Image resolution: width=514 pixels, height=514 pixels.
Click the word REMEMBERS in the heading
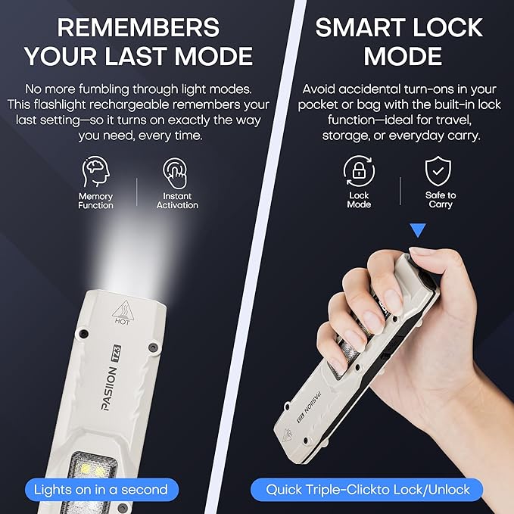[x=138, y=27]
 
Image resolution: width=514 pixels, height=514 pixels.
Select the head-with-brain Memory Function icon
[x=95, y=171]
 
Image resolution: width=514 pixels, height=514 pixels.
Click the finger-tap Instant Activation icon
[x=176, y=173]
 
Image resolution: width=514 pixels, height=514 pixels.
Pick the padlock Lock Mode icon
[x=359, y=171]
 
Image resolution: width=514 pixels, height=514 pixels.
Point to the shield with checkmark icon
[x=438, y=171]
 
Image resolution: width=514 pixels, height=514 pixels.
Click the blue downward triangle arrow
[x=418, y=230]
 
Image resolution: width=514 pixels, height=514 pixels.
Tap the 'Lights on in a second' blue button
[x=101, y=490]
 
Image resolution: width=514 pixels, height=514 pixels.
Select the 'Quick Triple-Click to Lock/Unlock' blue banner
[x=367, y=490]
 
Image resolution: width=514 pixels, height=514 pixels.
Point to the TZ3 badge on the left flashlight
[x=117, y=354]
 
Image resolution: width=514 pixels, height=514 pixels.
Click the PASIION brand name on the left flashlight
[x=109, y=388]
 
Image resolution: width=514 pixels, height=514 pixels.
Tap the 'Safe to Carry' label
[x=441, y=200]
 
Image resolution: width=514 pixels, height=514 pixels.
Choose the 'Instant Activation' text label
[x=177, y=201]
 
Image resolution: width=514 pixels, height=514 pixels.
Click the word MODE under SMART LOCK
[x=403, y=56]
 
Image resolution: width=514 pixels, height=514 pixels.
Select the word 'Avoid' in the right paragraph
[x=319, y=89]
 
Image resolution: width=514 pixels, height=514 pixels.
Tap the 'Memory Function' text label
[x=95, y=201]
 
